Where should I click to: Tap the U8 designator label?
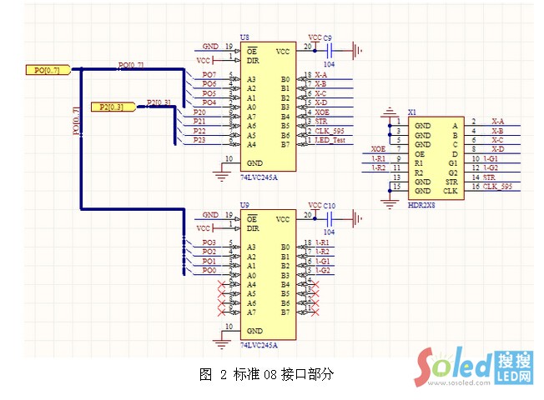(244, 38)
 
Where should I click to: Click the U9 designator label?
(244, 204)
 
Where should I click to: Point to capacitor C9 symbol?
(335, 48)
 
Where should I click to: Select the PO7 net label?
(209, 76)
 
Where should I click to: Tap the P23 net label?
(199, 140)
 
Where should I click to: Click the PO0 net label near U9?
(209, 270)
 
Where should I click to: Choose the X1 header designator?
(411, 112)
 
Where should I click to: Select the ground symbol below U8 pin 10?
(221, 173)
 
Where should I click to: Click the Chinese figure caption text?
(266, 374)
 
